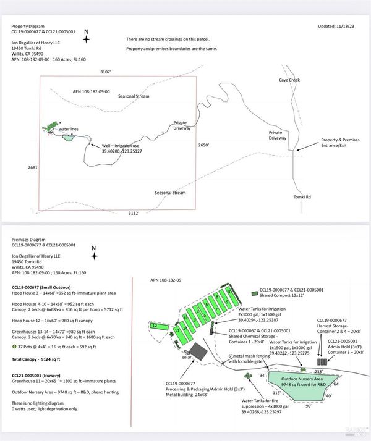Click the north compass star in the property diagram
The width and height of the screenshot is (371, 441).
point(86,39)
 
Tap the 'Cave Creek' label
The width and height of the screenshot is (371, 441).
point(289,80)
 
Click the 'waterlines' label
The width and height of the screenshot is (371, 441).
point(69,129)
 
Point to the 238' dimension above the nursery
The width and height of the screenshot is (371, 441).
point(318,371)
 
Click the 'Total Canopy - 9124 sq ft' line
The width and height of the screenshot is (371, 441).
point(40,358)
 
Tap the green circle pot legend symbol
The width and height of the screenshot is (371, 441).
point(14,346)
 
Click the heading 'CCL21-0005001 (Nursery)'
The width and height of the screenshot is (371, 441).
point(41,375)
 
